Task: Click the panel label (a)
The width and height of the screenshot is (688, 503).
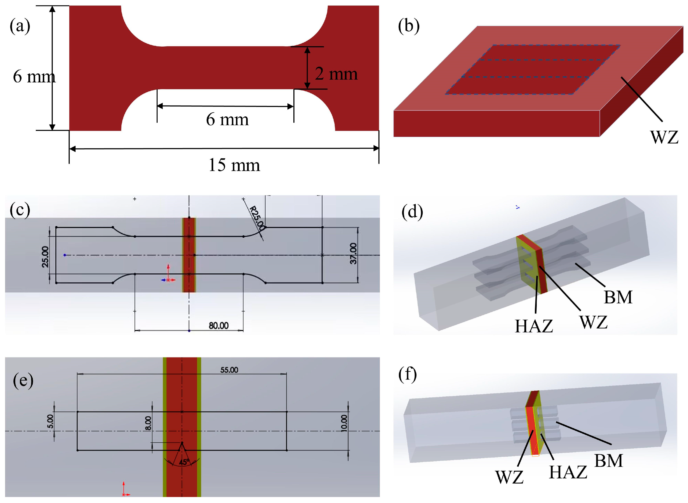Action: pos(20,26)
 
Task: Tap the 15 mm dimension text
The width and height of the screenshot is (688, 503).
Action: pos(234,165)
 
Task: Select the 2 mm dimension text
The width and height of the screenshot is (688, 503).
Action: pos(336,74)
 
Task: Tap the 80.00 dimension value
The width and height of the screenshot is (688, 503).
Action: pos(218,326)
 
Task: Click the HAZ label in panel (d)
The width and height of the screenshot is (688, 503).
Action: pos(534,326)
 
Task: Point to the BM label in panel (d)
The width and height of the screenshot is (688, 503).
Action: pos(618,297)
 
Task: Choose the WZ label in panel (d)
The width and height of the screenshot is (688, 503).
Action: pos(593,322)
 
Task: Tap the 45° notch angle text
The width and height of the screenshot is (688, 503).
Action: pos(184,462)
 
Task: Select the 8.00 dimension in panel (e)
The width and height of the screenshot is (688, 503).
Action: pos(148,423)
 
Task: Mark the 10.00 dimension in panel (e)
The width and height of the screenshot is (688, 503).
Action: pos(344,423)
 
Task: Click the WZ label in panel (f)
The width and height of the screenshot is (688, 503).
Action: pos(509,477)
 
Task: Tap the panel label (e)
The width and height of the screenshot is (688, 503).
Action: pos(23,381)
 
